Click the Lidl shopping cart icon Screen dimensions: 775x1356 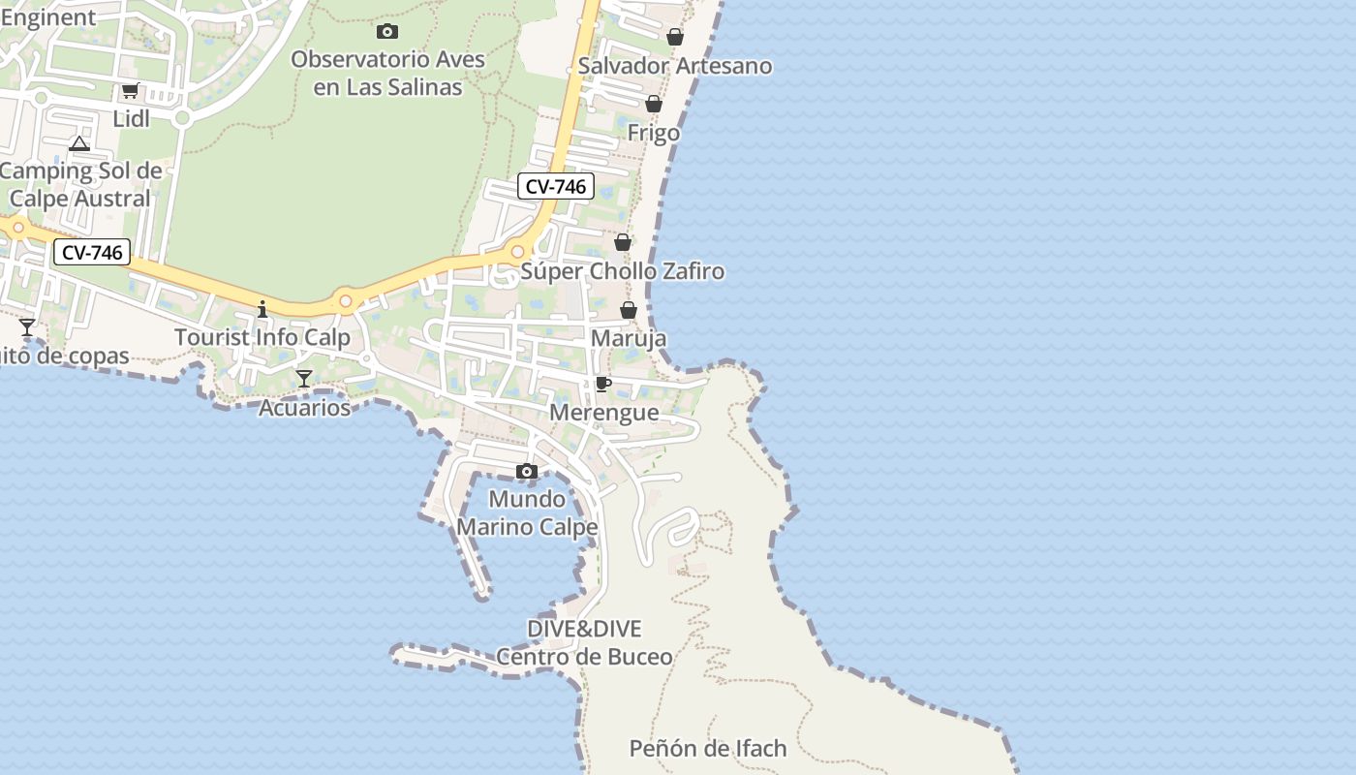[x=130, y=91]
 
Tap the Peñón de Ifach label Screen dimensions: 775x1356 [x=708, y=749]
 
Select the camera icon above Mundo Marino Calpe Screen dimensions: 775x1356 [x=527, y=472]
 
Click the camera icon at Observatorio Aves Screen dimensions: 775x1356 [x=387, y=32]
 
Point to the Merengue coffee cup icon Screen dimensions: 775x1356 [x=603, y=385]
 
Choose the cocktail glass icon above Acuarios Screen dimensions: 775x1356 [x=304, y=379]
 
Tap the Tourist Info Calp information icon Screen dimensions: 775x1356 [x=262, y=310]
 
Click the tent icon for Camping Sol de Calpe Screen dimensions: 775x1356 [x=79, y=144]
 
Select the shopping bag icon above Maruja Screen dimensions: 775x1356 [x=629, y=311]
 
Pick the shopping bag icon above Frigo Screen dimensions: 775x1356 [x=654, y=104]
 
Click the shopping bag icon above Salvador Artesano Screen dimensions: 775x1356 [x=675, y=37]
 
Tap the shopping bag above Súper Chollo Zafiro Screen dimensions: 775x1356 [x=623, y=242]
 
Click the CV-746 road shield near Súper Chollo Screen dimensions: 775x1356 [x=556, y=186]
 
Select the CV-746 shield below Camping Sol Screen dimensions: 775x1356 [x=92, y=253]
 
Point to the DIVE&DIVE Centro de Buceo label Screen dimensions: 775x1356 [x=584, y=642]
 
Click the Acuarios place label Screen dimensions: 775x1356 [x=304, y=408]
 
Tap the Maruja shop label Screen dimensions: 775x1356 [x=629, y=339]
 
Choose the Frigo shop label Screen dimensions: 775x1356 [x=654, y=133]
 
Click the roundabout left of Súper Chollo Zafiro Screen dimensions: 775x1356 [x=517, y=252]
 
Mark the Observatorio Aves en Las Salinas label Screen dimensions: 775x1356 [x=387, y=73]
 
